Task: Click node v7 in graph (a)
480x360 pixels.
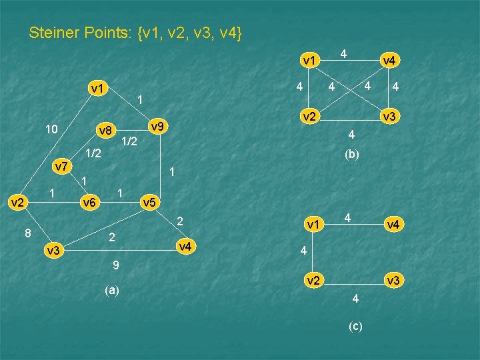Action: pos(61,166)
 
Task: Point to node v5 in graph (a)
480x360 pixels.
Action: pos(149,202)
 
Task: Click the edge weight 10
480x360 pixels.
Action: pos(51,128)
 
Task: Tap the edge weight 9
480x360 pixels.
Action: pos(116,266)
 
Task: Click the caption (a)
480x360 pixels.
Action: pos(112,290)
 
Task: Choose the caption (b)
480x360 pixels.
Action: pos(351,154)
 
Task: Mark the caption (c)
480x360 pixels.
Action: pos(355,325)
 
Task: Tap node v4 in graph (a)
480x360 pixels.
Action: pos(185,247)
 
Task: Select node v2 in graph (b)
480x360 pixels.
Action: pos(308,117)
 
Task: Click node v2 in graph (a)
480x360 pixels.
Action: pos(16,202)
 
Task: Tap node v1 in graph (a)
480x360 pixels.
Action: pos(98,88)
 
